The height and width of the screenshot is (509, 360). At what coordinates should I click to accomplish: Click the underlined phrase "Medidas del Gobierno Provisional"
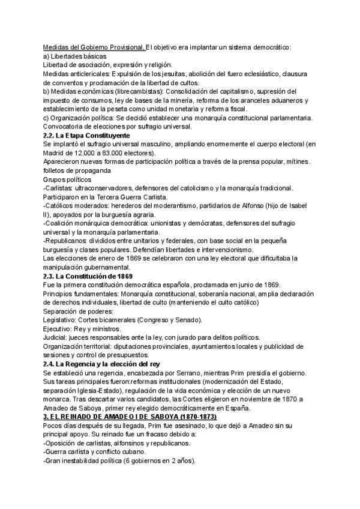pyautogui.click(x=94, y=47)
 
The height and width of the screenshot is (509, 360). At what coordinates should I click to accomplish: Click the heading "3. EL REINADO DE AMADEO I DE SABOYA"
pyautogui.click(x=129, y=416)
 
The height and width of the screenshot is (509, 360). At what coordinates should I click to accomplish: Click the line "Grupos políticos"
pyautogui.click(x=67, y=179)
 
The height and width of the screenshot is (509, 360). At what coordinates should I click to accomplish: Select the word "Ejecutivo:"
pyautogui.click(x=60, y=328)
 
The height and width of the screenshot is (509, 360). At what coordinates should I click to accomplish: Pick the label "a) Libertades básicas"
pyautogui.click(x=75, y=56)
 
